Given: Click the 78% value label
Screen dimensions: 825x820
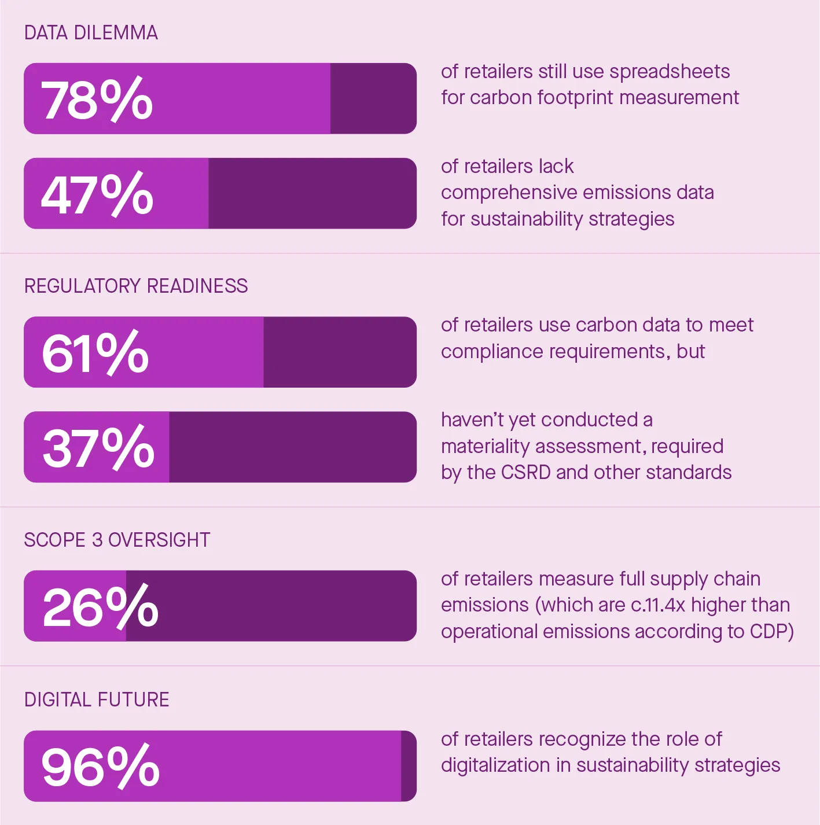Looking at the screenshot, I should point(97,100).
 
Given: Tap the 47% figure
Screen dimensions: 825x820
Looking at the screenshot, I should point(97,194).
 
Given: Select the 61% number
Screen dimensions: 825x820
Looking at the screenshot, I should point(95,353).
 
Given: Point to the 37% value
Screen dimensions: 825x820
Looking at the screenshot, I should point(98,448).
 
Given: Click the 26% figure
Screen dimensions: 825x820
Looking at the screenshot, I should point(100,607).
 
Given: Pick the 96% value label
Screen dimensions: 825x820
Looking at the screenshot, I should point(100,767).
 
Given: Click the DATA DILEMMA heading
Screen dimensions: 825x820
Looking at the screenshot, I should point(91,33).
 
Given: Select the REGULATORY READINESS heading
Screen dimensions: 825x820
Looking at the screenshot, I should point(136,286).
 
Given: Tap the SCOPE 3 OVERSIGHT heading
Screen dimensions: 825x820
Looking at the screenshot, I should point(117,540).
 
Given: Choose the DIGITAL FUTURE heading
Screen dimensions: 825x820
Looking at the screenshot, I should point(97,699).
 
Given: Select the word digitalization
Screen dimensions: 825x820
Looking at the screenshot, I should point(495,765).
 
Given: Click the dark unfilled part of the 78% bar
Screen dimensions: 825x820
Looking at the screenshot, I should point(373,99).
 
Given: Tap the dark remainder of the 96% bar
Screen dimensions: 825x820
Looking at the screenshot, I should point(409,766).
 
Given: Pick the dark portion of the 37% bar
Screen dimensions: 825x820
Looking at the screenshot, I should point(292,447).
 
